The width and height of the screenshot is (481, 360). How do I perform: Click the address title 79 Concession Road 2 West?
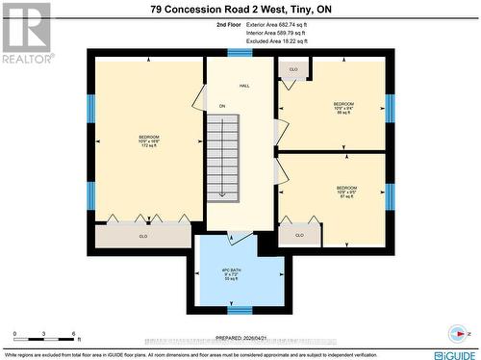pyautogui.click(x=240, y=10)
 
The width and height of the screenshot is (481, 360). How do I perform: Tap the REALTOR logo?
pyautogui.click(x=25, y=34)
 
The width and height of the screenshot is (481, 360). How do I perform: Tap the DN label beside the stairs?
pyautogui.click(x=221, y=106)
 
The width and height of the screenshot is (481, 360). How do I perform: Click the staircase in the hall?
pyautogui.click(x=222, y=157)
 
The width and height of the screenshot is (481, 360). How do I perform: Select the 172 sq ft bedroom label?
pyautogui.click(x=149, y=142)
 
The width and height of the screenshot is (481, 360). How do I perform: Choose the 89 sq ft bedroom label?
pyautogui.click(x=343, y=108)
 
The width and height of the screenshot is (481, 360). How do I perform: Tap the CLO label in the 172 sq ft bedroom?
pyautogui.click(x=142, y=236)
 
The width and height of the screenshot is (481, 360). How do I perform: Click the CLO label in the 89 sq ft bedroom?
pyautogui.click(x=293, y=70)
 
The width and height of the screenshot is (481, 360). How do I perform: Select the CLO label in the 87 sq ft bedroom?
pyautogui.click(x=299, y=235)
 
